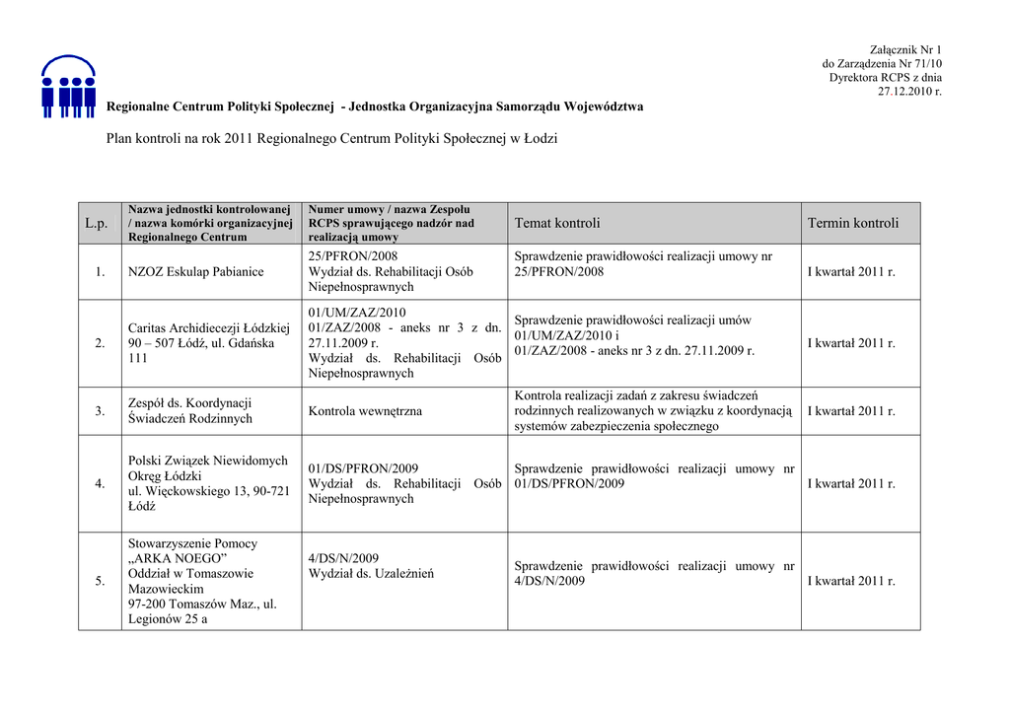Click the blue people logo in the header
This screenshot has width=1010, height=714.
68,86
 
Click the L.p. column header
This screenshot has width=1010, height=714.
96,224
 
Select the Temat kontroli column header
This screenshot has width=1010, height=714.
556,224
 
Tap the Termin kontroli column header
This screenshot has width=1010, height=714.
853,224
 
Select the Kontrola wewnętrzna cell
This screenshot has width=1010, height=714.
365,411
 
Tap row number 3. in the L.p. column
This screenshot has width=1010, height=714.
100,411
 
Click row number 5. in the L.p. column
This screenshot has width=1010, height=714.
100,581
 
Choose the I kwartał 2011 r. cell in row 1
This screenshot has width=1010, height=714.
851,272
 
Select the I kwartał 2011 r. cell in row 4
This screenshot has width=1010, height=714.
851,483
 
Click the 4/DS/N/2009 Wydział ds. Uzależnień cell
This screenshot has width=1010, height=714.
370,566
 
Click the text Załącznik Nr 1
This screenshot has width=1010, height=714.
905,49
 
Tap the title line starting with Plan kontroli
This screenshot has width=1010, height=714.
331,139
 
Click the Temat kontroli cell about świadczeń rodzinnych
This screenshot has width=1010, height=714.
653,411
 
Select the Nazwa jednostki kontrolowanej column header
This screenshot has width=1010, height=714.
211,224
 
